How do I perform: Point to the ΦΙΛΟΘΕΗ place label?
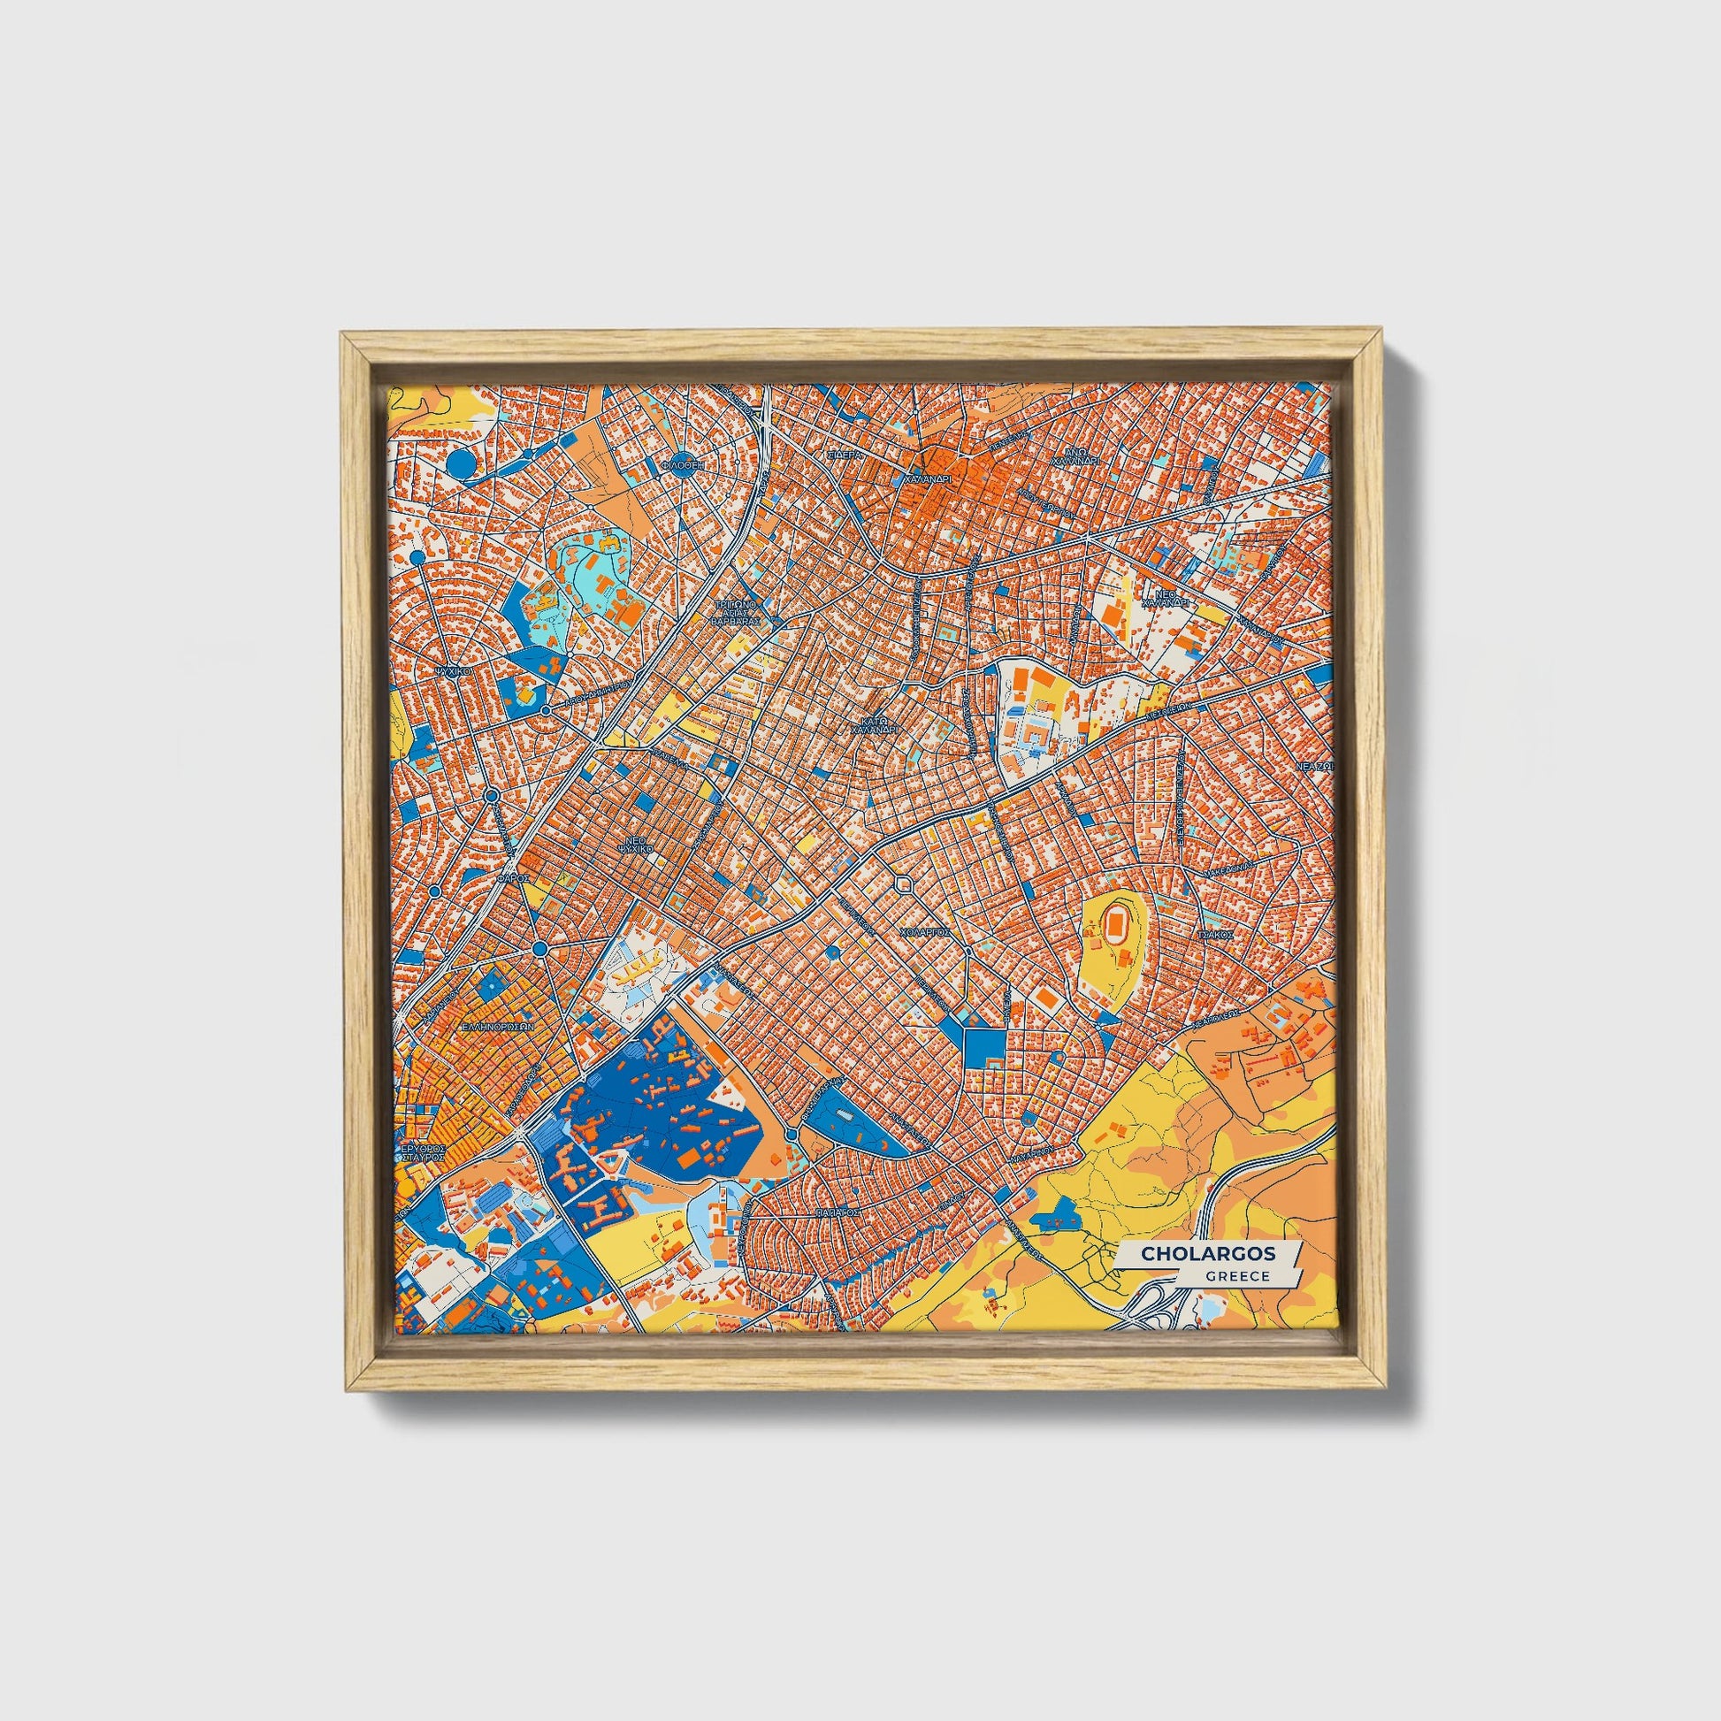[684, 464]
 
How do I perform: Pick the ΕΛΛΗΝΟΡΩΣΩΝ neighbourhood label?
[497, 1026]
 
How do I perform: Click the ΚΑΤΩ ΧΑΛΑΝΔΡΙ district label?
[877, 725]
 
